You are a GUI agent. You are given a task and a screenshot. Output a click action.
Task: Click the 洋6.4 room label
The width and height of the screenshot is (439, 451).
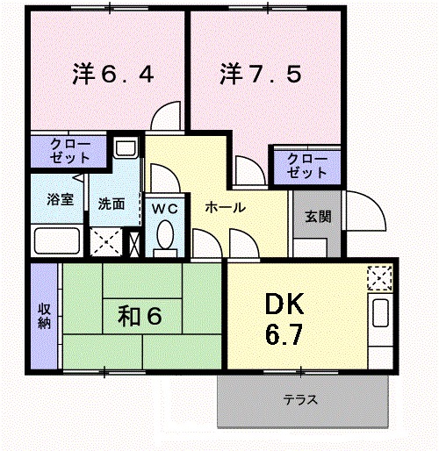tap(113, 74)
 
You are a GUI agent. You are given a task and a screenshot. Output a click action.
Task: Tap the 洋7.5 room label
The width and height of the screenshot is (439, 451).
tap(261, 74)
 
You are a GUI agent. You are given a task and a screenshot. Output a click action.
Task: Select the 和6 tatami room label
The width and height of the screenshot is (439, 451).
tap(140, 316)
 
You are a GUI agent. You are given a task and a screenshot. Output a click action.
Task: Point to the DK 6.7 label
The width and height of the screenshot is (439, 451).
tap(284, 319)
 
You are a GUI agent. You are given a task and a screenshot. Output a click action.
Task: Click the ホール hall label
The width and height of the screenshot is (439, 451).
tap(225, 208)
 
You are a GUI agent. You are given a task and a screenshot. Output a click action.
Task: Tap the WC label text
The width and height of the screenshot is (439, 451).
tap(165, 209)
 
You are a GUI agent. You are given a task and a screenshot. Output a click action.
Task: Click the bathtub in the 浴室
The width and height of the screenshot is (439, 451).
tap(57, 241)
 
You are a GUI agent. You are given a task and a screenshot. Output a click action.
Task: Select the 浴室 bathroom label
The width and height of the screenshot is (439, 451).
tap(60, 199)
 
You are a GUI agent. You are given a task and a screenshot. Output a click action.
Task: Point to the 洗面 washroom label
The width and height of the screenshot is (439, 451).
tap(112, 204)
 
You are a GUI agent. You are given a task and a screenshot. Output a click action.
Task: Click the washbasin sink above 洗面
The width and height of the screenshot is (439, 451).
tap(126, 147)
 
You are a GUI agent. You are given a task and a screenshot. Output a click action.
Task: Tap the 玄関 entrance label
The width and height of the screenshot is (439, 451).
tap(318, 217)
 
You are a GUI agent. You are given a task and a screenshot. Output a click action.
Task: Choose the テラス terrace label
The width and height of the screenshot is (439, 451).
tap(300, 399)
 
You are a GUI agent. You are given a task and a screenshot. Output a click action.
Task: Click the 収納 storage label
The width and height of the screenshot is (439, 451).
tap(44, 317)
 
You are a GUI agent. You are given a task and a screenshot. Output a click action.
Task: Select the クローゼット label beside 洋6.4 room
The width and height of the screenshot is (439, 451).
tap(69, 151)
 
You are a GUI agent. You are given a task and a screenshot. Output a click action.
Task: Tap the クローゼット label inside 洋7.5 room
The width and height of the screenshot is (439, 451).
tap(306, 166)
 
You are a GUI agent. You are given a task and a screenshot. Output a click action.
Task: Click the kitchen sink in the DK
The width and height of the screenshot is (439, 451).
tap(380, 313)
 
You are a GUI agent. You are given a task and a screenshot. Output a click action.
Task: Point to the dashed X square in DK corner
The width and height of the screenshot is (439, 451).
tap(380, 278)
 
